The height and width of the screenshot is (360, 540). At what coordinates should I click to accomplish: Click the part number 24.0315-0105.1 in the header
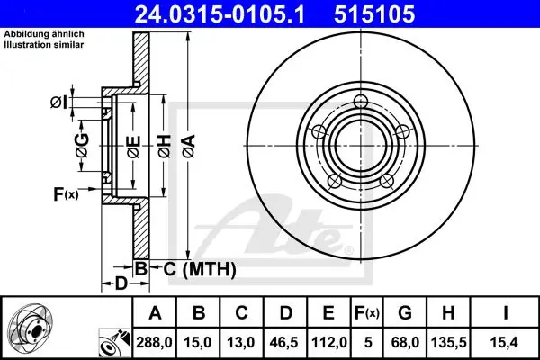pos(220,14)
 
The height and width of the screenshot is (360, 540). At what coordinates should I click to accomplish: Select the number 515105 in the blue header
pos(374,14)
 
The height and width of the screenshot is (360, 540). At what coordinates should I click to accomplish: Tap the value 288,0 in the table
pos(154,342)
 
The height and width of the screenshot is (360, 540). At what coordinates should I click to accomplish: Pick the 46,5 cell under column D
pos(284,342)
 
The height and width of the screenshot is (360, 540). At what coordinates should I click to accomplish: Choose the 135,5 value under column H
pos(448,342)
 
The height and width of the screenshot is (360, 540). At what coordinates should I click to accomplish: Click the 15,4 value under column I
pos(505,342)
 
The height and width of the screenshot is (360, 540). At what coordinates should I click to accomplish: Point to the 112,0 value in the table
pos(328,342)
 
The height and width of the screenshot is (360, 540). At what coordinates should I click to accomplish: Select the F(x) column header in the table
pos(367,313)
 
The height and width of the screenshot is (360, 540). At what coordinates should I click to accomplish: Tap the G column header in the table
pos(405,313)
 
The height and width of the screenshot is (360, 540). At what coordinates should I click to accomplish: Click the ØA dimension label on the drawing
pos(189,147)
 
